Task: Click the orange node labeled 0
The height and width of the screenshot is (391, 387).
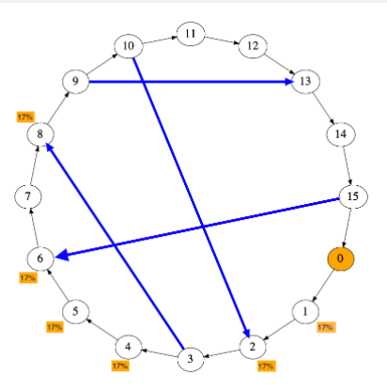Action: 339,258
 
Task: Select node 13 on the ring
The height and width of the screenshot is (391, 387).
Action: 304,82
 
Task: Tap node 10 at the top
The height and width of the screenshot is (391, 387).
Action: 129,45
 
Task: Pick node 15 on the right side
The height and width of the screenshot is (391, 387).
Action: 351,196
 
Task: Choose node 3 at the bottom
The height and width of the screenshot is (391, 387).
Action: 190,358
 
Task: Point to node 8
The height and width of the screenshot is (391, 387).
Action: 39,135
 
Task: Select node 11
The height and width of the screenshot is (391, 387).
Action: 190,35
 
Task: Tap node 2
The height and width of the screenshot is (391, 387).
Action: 251,347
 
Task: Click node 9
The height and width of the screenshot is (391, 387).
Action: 75,82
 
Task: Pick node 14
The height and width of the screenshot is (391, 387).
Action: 339,134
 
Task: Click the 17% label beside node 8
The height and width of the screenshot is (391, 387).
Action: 24,117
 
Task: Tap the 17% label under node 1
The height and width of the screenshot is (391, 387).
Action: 325,327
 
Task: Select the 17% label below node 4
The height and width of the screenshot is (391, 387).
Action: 119,365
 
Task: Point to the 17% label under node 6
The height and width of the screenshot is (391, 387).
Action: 27,278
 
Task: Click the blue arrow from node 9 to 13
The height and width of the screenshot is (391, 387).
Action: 188,82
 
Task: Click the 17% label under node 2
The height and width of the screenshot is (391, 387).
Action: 266,366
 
